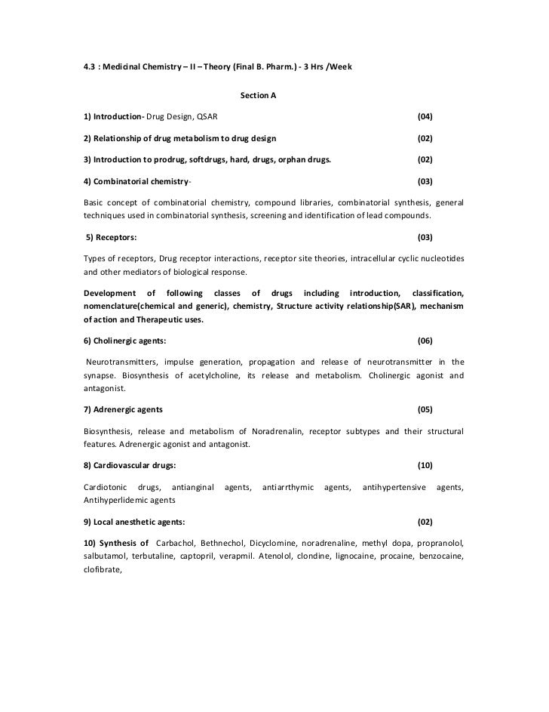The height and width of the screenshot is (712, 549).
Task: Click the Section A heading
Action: [258, 97]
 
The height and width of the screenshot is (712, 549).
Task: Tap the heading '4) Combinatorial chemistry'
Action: [137, 183]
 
